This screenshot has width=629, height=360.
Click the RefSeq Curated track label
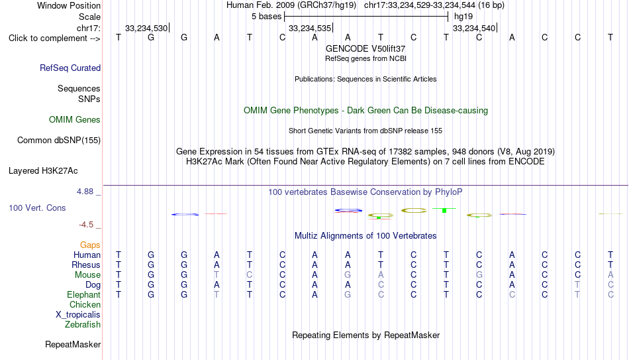[70, 68]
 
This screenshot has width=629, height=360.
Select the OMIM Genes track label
[75, 120]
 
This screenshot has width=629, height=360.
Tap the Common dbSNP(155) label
[59, 141]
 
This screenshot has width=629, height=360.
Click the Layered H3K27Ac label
[43, 171]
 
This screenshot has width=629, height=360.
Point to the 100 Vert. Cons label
[37, 208]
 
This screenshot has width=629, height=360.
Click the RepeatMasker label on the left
[73, 344]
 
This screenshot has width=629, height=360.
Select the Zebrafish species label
[83, 324]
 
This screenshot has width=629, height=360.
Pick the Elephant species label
[83, 294]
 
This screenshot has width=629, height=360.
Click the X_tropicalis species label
[78, 315]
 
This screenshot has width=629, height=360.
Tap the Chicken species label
[85, 304]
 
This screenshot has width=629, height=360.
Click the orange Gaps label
[90, 245]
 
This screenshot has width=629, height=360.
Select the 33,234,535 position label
[310, 28]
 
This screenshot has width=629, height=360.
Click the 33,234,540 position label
[474, 28]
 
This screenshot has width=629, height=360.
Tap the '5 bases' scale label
[266, 17]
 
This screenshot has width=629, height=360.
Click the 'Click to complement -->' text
[54, 38]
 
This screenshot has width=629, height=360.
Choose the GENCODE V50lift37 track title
[365, 48]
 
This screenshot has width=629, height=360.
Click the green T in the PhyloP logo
[444, 210]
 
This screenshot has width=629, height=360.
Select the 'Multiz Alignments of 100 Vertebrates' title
[365, 236]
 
